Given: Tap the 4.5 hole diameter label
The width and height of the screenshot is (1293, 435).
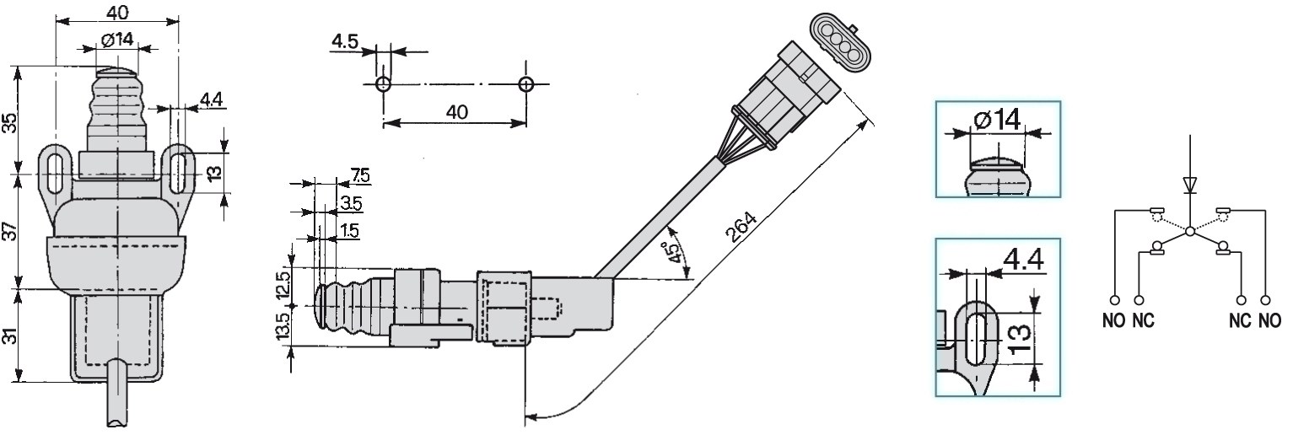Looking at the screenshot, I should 344,40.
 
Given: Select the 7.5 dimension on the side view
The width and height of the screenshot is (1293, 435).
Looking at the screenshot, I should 359,175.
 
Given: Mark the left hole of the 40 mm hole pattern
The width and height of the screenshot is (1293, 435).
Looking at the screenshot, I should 383,83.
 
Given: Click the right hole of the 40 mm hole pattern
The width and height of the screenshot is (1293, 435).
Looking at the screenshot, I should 526,83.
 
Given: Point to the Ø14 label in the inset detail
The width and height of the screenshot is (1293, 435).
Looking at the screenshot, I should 997,120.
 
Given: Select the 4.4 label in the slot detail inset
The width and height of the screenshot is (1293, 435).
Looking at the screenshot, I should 1021,260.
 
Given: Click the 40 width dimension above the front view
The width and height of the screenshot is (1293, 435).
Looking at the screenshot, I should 117,12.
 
